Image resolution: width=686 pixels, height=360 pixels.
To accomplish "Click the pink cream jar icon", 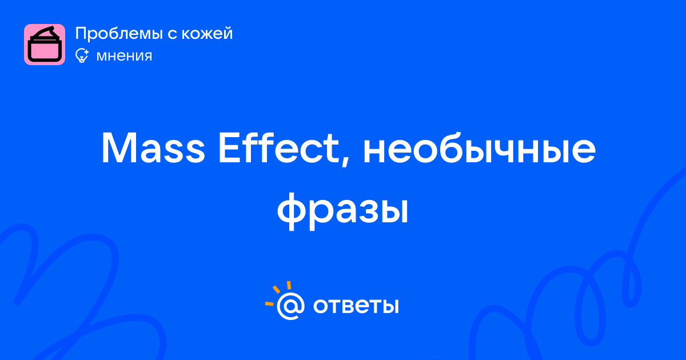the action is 45,45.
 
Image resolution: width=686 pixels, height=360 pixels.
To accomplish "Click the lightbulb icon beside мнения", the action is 82,55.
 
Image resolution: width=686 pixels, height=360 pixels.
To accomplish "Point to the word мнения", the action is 124,56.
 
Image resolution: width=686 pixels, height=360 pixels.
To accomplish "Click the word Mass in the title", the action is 153,148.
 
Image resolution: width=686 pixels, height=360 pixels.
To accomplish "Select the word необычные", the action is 479,148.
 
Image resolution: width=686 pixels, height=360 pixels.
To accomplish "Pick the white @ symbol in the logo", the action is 290,306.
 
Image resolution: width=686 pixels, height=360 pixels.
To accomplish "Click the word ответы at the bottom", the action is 356,306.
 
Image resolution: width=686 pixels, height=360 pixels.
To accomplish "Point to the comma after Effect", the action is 346,161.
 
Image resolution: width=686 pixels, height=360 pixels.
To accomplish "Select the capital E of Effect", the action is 230,148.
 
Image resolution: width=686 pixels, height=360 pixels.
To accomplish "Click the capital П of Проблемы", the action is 81,34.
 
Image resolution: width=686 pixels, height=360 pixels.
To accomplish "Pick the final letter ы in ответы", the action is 391,306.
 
